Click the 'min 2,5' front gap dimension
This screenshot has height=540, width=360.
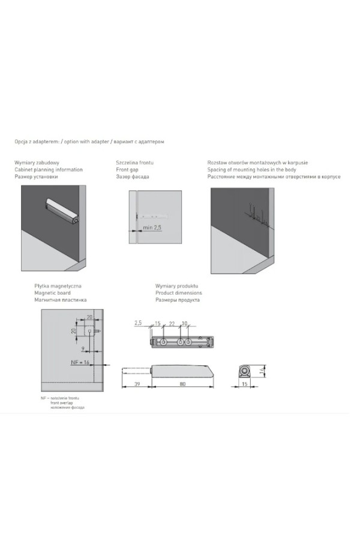(x=152, y=228)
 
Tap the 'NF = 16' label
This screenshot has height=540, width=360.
(x=80, y=363)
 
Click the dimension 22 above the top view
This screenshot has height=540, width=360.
(x=172, y=324)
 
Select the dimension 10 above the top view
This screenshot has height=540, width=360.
(x=185, y=324)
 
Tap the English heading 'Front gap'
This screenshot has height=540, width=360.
(x=127, y=170)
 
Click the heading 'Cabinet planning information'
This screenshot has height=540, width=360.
(x=49, y=170)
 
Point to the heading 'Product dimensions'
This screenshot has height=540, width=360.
(x=178, y=293)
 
